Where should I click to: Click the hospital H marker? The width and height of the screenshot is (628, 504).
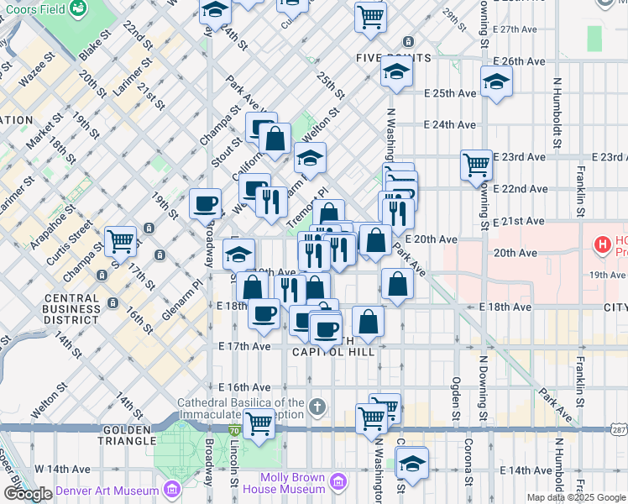[602, 245]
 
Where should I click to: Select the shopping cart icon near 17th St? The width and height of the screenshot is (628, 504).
[121, 240]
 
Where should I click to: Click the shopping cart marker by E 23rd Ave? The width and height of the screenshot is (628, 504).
[477, 163]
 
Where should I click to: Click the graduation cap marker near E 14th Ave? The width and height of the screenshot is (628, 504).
[412, 462]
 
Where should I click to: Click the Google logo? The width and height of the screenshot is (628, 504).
[28, 494]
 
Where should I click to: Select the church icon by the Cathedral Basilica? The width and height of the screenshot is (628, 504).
[317, 407]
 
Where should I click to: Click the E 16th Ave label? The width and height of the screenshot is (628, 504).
[244, 387]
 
